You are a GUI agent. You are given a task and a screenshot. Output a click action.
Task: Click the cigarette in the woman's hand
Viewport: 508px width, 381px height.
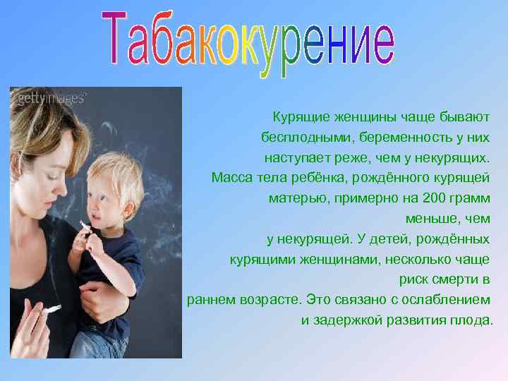point(50,309)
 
